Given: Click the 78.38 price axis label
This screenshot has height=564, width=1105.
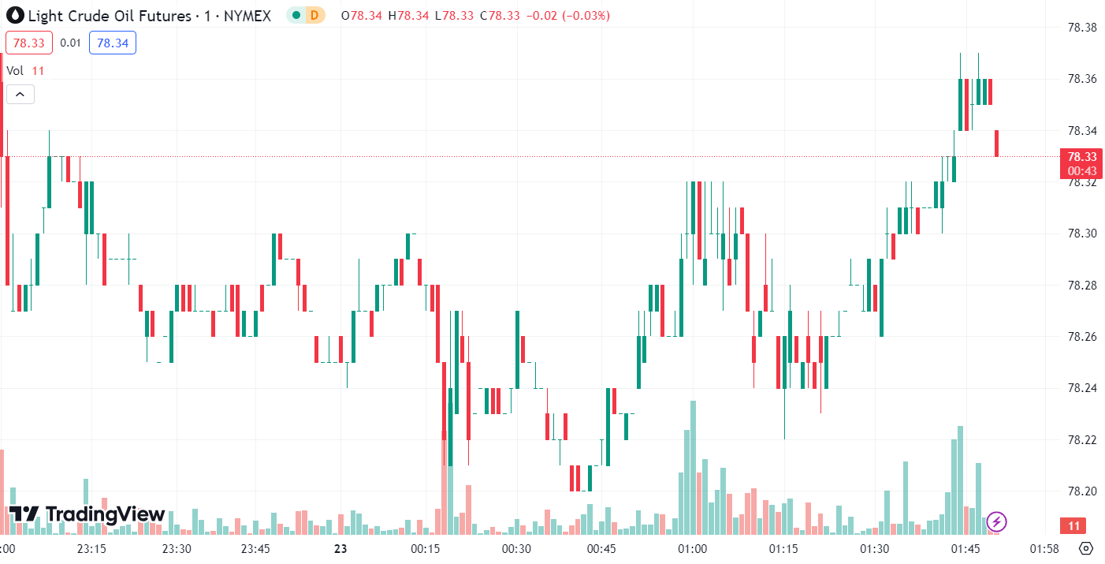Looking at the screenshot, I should tap(1081, 28).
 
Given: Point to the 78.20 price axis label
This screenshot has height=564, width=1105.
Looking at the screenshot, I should tap(1081, 491).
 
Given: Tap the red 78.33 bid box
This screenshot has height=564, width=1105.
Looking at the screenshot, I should tap(28, 43).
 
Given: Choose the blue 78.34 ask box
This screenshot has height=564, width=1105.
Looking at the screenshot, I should tap(113, 43).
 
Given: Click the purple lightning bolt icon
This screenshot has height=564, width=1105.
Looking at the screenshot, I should tap(997, 521).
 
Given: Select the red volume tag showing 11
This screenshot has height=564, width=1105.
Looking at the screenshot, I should tap(1073, 525).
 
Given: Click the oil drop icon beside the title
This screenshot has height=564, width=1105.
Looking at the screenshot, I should tap(14, 15).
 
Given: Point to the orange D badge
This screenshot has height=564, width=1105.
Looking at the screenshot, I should tap(314, 15).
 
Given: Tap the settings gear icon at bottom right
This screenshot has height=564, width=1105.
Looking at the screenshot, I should tap(1086, 548).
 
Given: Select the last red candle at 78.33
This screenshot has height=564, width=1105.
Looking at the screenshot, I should tap(997, 144).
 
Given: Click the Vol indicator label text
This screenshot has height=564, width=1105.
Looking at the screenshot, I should tap(16, 71).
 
